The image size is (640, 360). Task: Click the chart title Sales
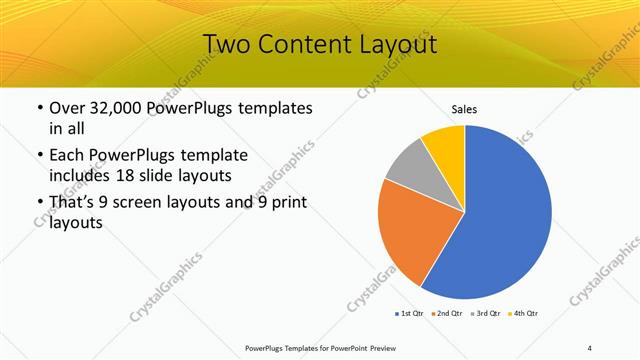click(x=465, y=109)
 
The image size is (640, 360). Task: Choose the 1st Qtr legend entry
click(x=407, y=313)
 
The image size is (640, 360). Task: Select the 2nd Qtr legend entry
click(x=446, y=313)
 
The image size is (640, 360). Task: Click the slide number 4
click(x=590, y=347)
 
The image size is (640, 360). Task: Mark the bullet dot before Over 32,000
click(x=38, y=107)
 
